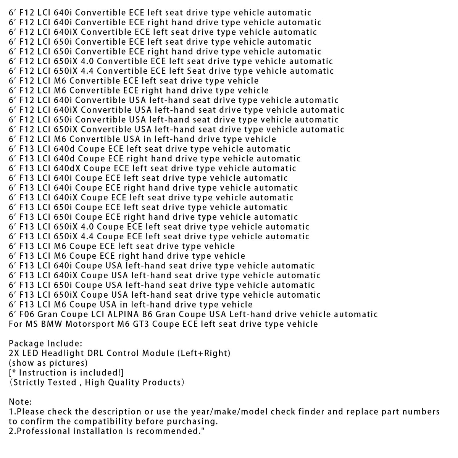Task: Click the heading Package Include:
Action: (45, 343)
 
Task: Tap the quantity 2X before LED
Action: (14, 353)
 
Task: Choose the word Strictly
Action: (29, 382)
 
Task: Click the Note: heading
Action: (21, 402)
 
